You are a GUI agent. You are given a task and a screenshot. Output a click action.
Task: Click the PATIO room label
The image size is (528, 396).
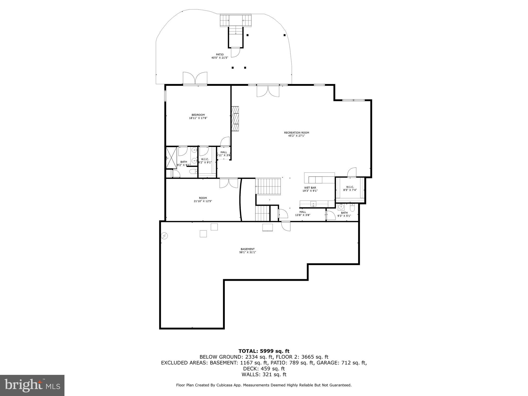tap(220, 54)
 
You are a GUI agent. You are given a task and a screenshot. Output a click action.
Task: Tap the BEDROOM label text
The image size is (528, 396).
tap(198, 115)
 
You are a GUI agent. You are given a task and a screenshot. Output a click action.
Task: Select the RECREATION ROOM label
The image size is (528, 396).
tap(296, 133)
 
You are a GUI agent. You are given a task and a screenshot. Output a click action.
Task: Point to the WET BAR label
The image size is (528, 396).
tap(310, 188)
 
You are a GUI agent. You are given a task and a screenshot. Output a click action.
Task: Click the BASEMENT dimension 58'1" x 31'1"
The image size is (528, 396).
tap(247, 252)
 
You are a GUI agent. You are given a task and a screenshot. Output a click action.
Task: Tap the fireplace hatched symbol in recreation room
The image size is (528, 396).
tap(235, 119)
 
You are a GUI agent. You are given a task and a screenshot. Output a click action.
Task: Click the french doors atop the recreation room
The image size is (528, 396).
tap(268, 91)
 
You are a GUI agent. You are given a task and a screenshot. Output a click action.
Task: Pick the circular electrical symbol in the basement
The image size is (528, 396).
tap(164, 236)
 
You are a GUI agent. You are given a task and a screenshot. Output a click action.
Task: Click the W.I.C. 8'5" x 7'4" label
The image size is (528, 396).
tap(350, 188)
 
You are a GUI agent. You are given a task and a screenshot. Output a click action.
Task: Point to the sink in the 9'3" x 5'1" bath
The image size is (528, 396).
tap(341, 207)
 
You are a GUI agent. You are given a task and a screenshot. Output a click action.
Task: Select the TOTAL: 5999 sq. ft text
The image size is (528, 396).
tap(264, 351)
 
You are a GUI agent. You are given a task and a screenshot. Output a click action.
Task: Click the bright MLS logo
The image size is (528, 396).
tap(32, 385)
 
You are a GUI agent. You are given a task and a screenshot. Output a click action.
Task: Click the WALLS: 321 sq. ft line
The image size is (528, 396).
tap(264, 375)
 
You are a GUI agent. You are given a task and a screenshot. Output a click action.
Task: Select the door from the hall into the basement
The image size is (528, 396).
tap(286, 226)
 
